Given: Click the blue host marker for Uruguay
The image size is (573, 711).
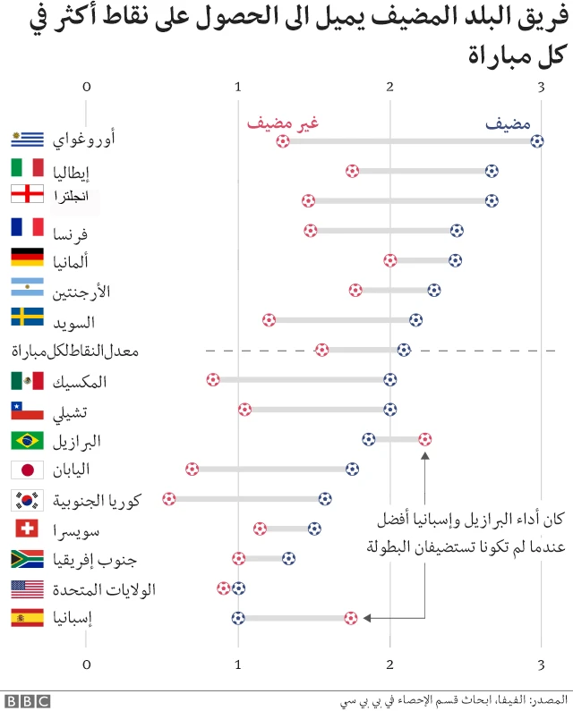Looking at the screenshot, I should point(536,140).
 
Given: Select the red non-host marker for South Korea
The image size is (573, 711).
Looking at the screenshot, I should point(169,498).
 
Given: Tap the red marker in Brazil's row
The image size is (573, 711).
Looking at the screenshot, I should point(424,438).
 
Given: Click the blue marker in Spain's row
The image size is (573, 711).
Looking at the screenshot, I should point(238,617).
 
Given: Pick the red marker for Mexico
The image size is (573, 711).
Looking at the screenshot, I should point(212,379).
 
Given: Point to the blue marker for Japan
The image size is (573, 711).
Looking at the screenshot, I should point(352,469).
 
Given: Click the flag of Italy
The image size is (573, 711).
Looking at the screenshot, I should point(27,168).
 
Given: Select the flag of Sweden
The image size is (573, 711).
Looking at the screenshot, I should point(27,317).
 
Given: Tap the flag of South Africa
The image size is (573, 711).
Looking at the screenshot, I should point(27,560).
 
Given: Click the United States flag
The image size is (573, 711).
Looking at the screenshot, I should point(27,588).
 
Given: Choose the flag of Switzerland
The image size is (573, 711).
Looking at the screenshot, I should point(27,529).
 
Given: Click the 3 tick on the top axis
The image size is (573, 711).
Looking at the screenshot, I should point(541,87).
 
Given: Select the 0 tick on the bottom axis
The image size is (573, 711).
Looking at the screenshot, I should point(87,664).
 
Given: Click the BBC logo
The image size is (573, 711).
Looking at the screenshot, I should point(27,700).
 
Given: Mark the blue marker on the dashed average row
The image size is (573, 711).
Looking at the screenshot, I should point(404,350).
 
